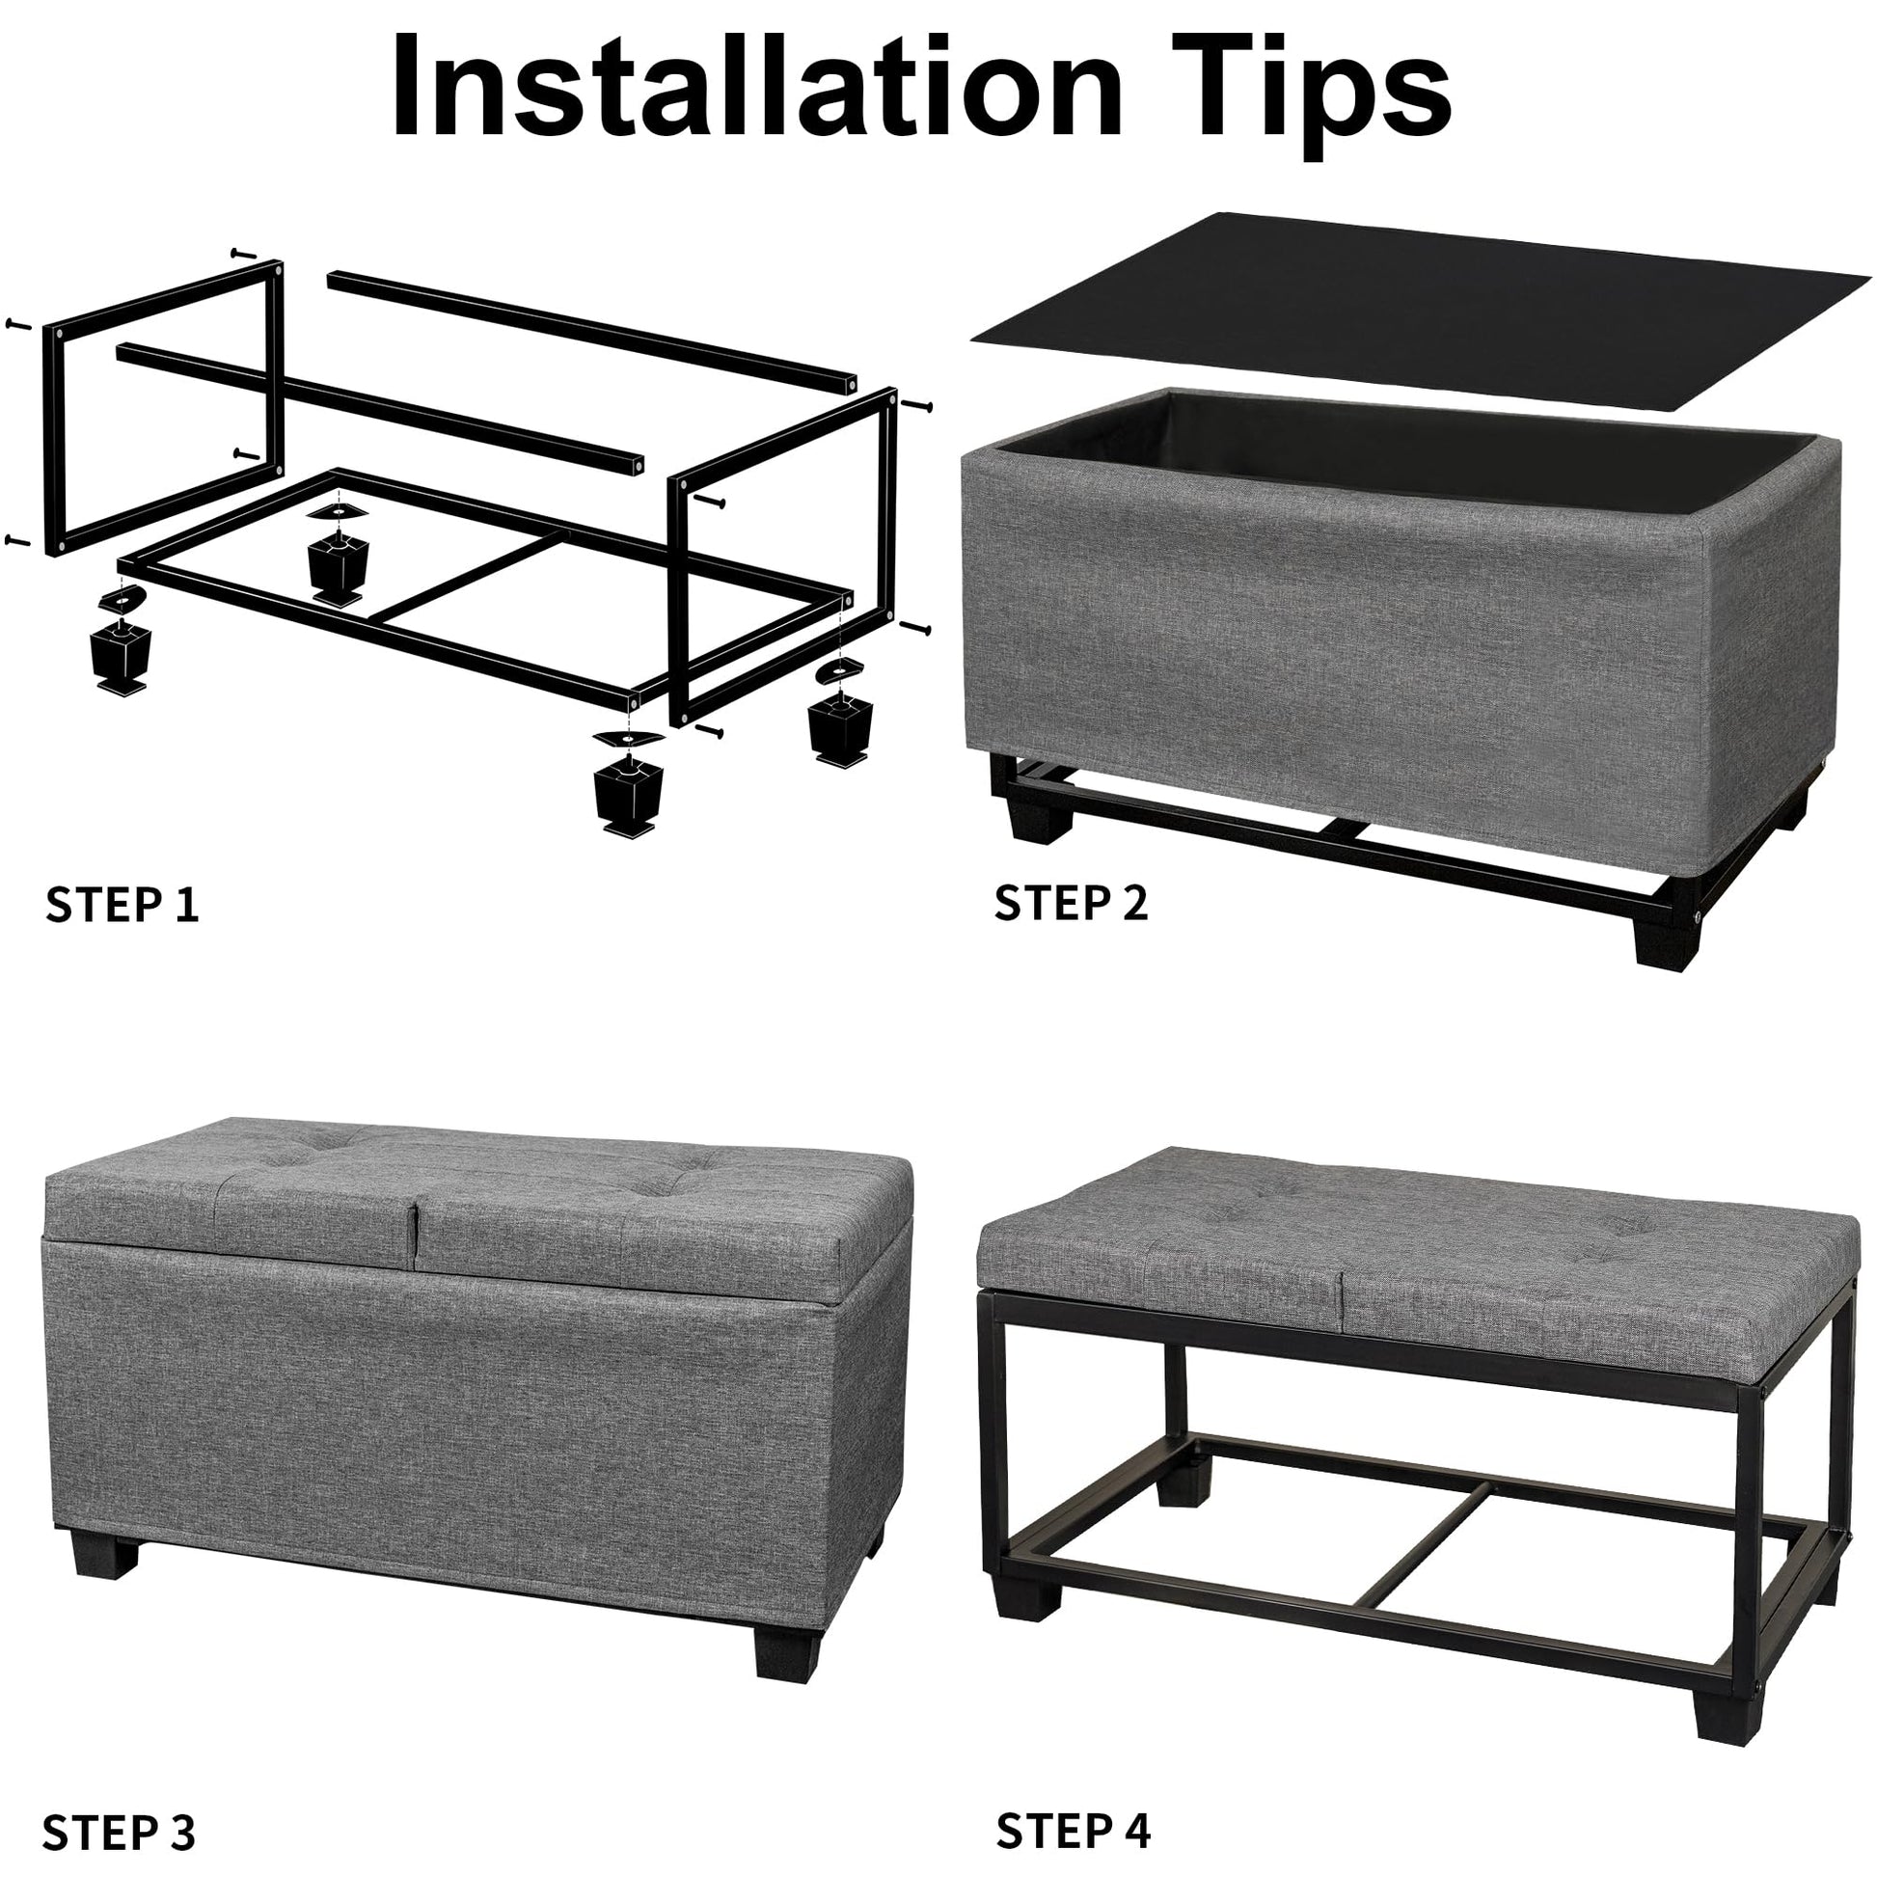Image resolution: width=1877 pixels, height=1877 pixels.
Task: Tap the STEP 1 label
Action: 122,905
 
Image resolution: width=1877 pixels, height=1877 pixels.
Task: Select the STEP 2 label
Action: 1071,903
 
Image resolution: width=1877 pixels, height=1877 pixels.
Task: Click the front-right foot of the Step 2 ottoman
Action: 1668,935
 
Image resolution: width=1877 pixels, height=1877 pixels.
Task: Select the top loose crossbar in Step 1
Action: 591,331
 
